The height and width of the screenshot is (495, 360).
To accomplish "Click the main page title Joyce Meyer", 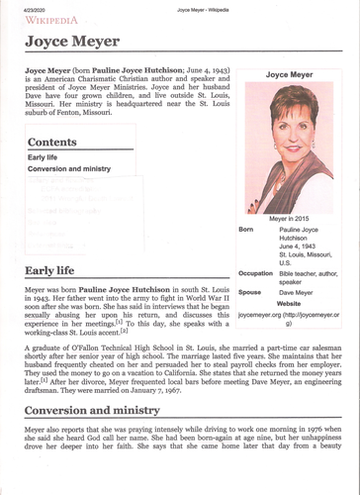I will pos(72,42).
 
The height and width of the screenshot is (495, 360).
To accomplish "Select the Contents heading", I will pos(58,142).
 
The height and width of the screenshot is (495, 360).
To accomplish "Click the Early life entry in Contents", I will pos(44,157).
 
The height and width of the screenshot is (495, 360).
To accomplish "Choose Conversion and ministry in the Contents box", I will pos(68,169).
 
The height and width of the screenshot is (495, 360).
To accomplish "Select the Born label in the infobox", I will pos(247,229).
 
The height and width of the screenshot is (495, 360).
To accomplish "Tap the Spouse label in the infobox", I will pos(250,293).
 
